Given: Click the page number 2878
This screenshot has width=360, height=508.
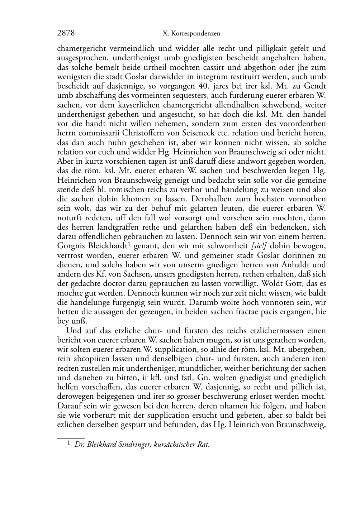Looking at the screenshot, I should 66,33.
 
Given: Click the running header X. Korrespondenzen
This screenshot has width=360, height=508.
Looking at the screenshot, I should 191,34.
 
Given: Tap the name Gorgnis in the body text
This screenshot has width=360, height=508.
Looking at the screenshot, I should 70,246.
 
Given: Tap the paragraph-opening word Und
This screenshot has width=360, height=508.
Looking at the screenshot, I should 72,330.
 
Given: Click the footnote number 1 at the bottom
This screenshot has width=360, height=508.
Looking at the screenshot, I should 69,444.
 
